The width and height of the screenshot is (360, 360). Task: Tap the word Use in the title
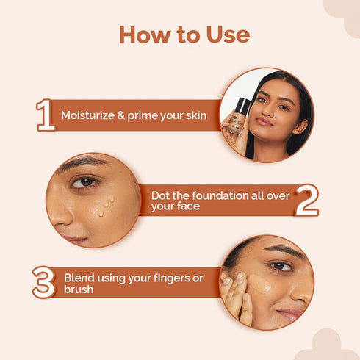[225, 35]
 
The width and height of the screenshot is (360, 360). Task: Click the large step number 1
[46, 115]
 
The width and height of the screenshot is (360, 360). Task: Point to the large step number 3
[43, 283]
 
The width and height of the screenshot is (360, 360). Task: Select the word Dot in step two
[161, 195]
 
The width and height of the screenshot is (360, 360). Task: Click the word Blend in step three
[79, 278]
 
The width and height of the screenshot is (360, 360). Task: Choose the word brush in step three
[79, 289]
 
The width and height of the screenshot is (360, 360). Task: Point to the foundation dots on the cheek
[105, 204]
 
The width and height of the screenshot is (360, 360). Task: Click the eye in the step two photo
[86, 181]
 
